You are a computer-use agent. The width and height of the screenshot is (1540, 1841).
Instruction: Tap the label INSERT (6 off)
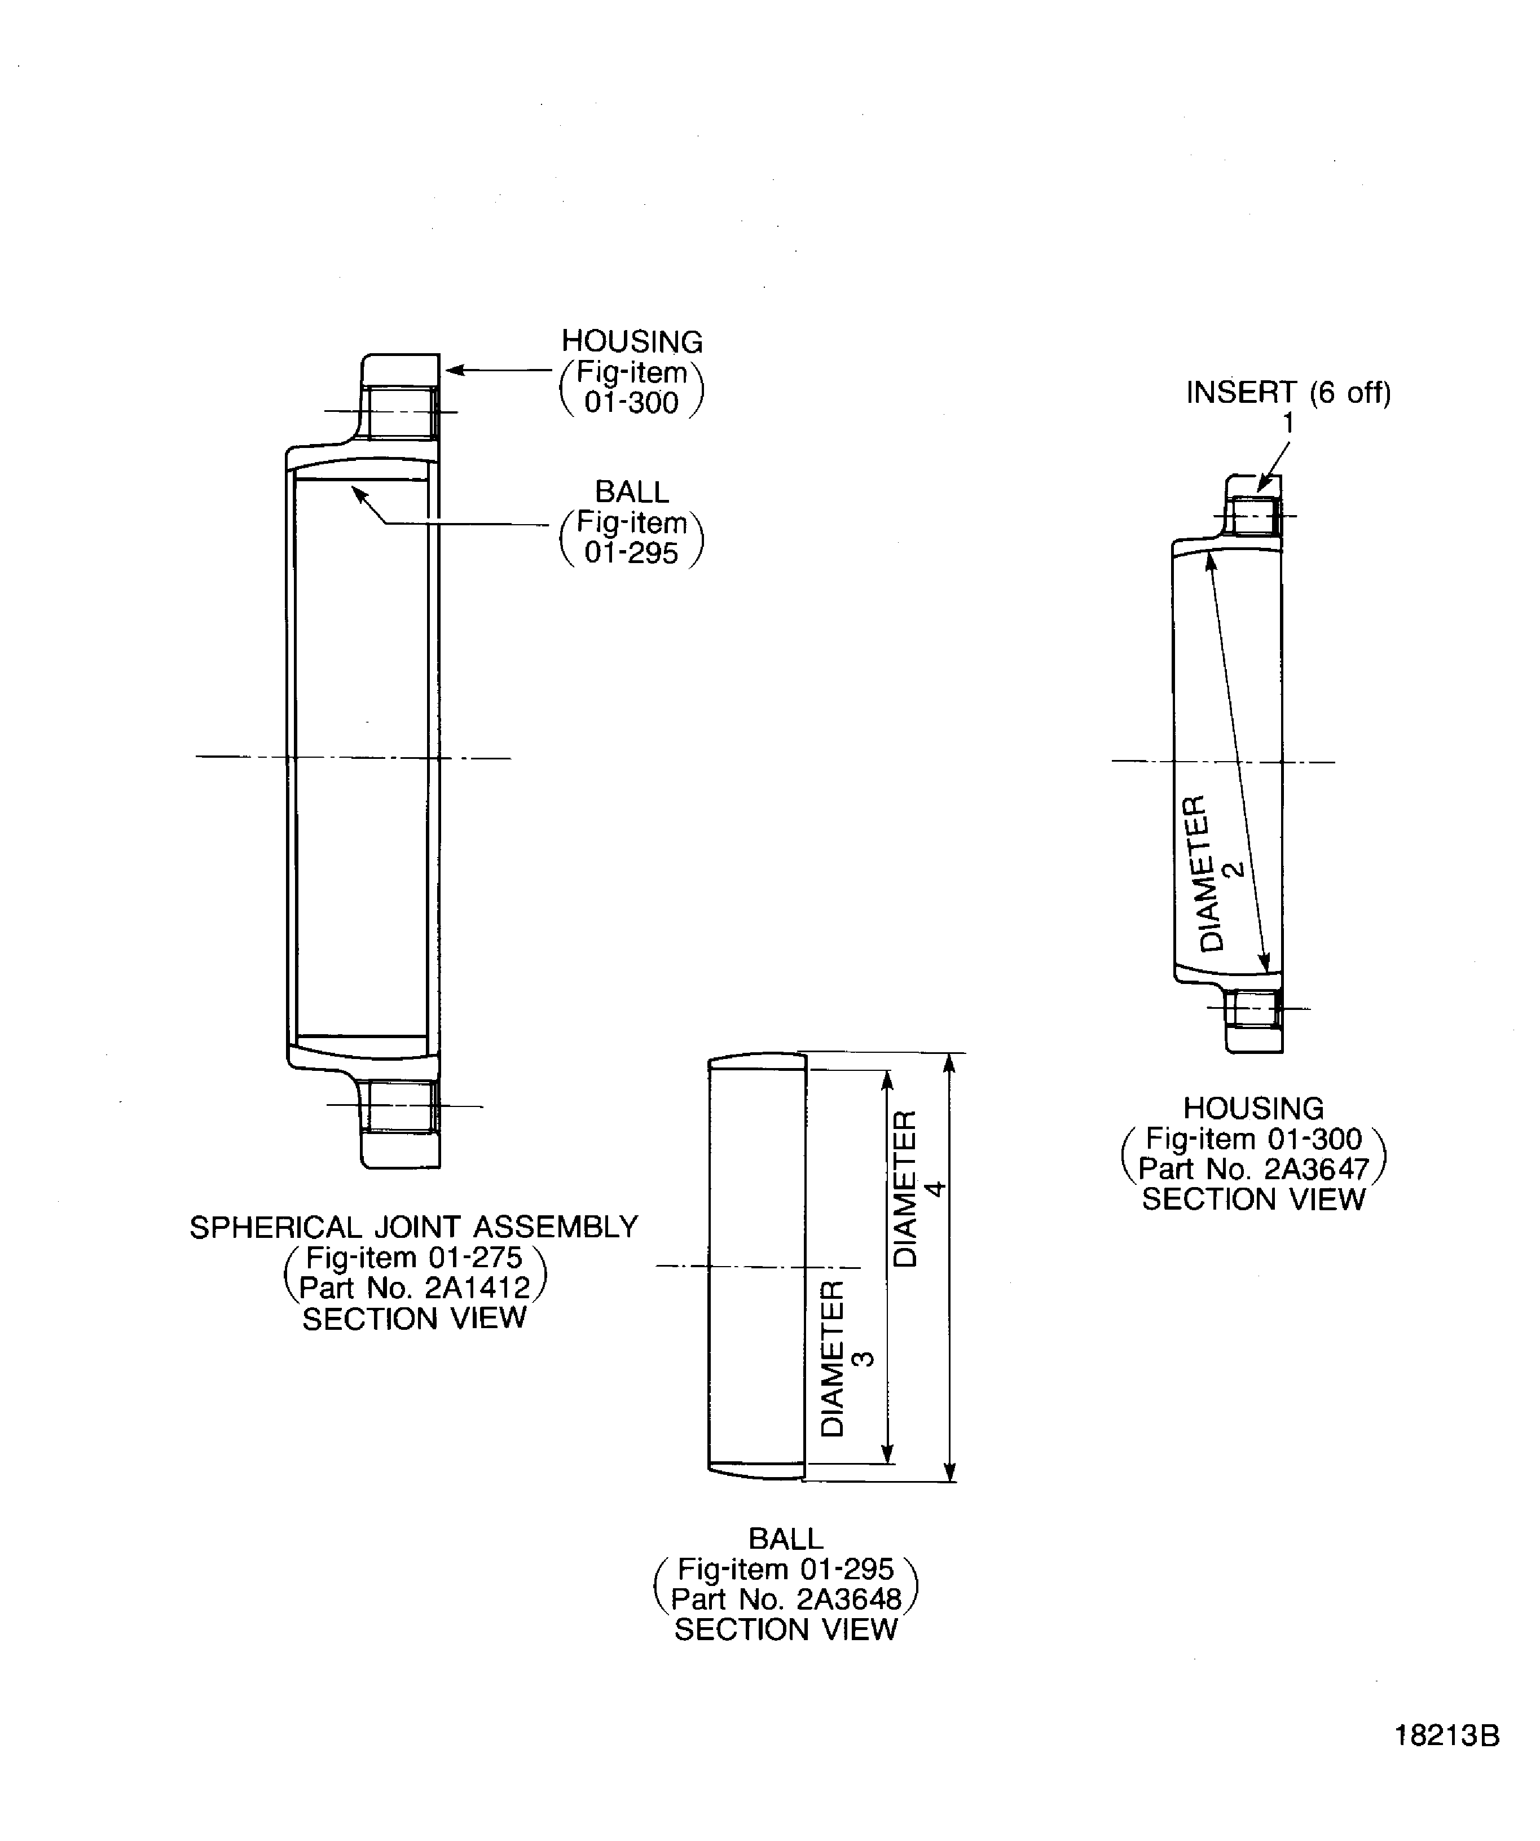1288,393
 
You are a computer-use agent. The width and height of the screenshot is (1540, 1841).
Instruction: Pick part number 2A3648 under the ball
848,1599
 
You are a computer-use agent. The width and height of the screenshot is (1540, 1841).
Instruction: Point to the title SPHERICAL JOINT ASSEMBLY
413,1227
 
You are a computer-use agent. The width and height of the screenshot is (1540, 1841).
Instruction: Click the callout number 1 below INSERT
1288,423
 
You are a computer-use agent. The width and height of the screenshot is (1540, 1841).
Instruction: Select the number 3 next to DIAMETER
863,1359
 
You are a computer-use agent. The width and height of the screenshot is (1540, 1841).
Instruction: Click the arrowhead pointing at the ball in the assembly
358,494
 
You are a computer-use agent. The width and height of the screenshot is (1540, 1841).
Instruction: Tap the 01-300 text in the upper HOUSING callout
631,403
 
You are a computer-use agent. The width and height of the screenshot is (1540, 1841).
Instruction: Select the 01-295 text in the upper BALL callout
631,553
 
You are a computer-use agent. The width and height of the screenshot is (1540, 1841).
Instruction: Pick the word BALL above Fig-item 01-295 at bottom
785,1539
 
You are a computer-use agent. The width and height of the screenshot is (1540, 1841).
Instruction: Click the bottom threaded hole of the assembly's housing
401,1106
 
